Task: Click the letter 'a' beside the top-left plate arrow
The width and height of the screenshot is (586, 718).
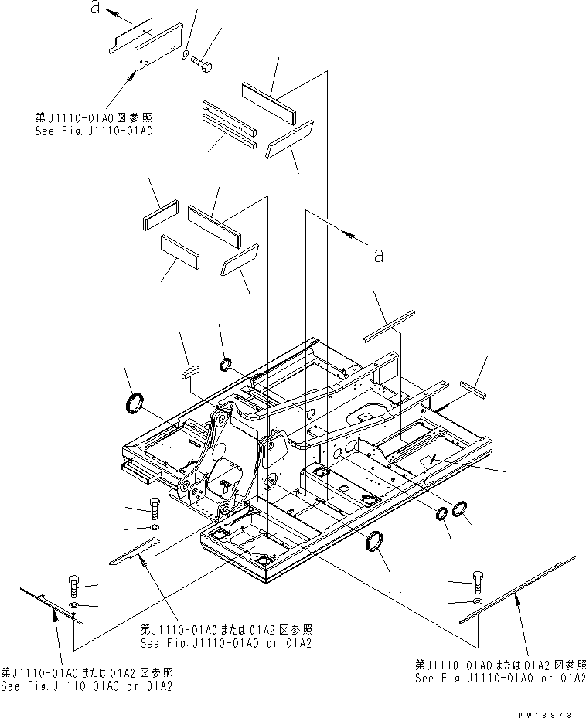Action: point(95,9)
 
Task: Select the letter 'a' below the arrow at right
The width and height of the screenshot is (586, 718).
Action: point(377,255)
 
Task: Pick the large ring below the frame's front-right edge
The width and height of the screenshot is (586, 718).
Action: point(374,543)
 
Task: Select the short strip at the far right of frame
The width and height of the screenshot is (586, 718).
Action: point(472,388)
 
